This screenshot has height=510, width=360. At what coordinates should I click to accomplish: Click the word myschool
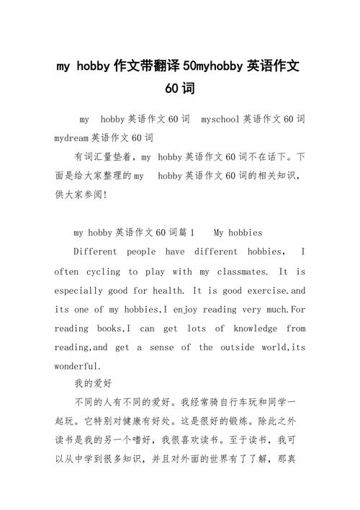pyautogui.click(x=222, y=118)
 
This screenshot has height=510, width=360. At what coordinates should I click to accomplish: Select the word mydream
pyautogui.click(x=71, y=137)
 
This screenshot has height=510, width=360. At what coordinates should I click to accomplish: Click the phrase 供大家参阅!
pyautogui.click(x=81, y=194)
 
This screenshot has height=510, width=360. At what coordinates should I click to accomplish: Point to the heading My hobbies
pyautogui.click(x=238, y=233)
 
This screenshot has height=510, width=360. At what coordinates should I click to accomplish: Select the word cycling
pyautogui.click(x=103, y=272)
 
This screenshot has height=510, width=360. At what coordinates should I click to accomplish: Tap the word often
pyautogui.click(x=66, y=272)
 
